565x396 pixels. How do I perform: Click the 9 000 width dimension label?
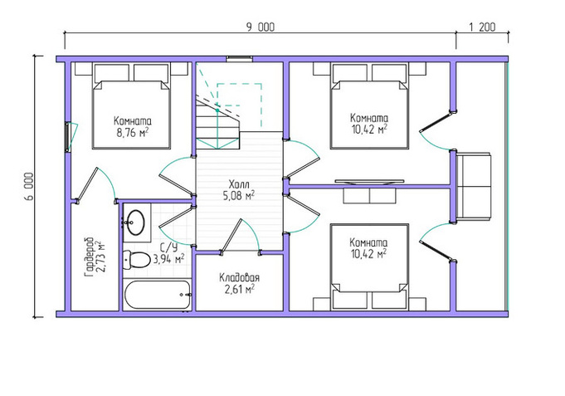point(261,27)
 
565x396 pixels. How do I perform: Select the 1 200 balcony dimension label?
point(482,27)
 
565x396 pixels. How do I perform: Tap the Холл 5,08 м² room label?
point(239,190)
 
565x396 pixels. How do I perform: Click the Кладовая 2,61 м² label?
point(239,283)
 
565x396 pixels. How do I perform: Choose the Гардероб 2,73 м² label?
point(95,257)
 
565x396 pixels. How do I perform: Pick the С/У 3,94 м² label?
point(169,254)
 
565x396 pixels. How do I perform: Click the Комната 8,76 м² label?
point(133,126)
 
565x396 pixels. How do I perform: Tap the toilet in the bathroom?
point(137,260)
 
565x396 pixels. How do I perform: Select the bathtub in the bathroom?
point(157,295)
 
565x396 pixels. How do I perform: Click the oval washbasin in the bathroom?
point(136,222)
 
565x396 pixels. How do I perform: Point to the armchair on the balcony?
point(473,186)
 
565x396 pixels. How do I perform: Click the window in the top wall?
point(239,59)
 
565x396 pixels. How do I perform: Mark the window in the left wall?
point(67,137)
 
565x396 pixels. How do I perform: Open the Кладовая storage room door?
point(240,237)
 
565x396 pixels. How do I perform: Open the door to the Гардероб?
point(97,185)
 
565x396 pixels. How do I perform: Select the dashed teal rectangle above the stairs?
point(239,95)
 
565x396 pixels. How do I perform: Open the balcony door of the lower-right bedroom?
point(437,241)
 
